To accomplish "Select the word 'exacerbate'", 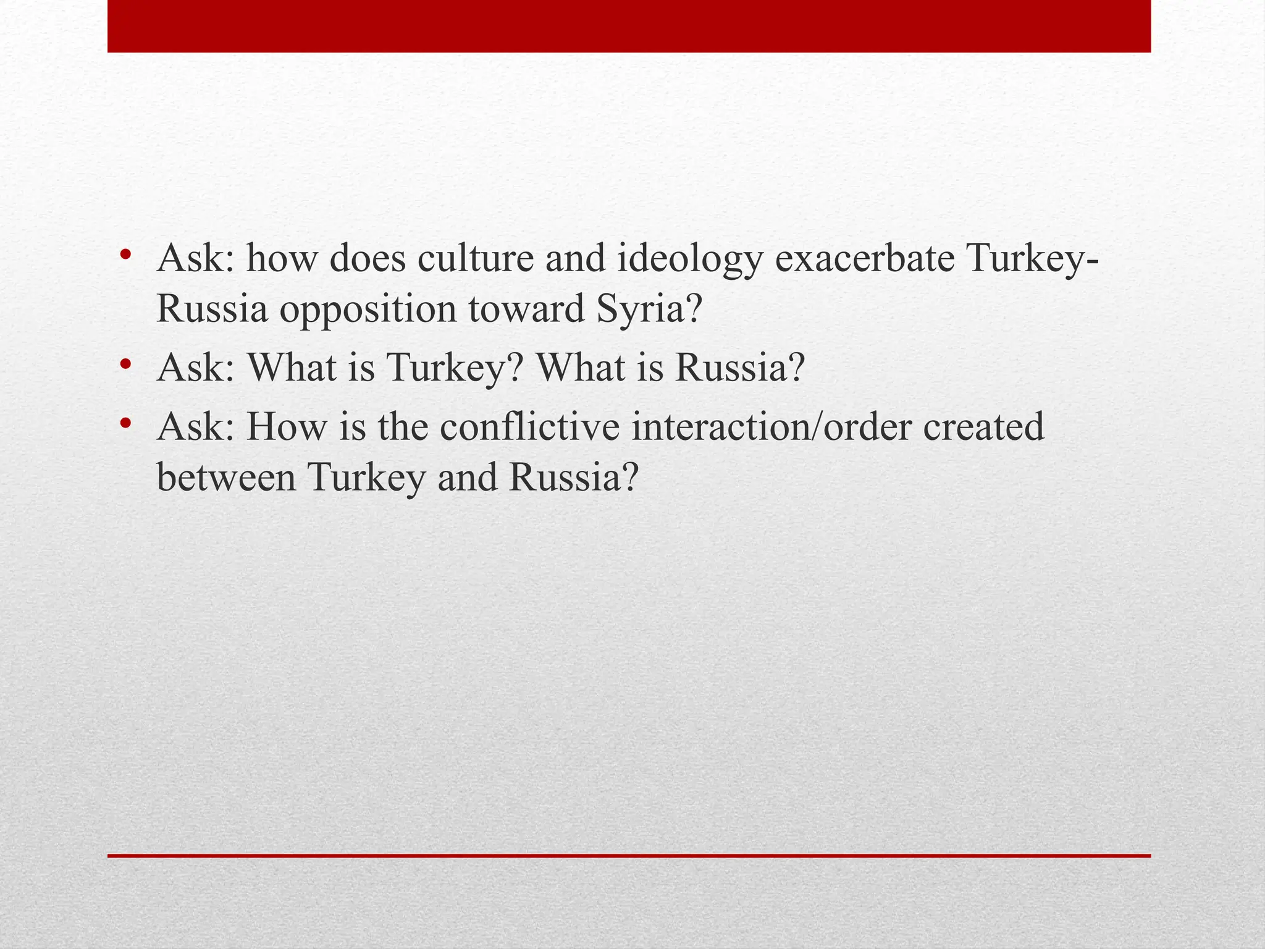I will click(865, 258).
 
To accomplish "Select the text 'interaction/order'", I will click(771, 426).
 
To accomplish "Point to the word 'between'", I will click(226, 477).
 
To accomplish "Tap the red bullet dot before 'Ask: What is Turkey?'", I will click(126, 364).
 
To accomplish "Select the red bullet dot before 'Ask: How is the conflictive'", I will click(126, 423).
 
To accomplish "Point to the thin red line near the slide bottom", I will click(629, 856).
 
